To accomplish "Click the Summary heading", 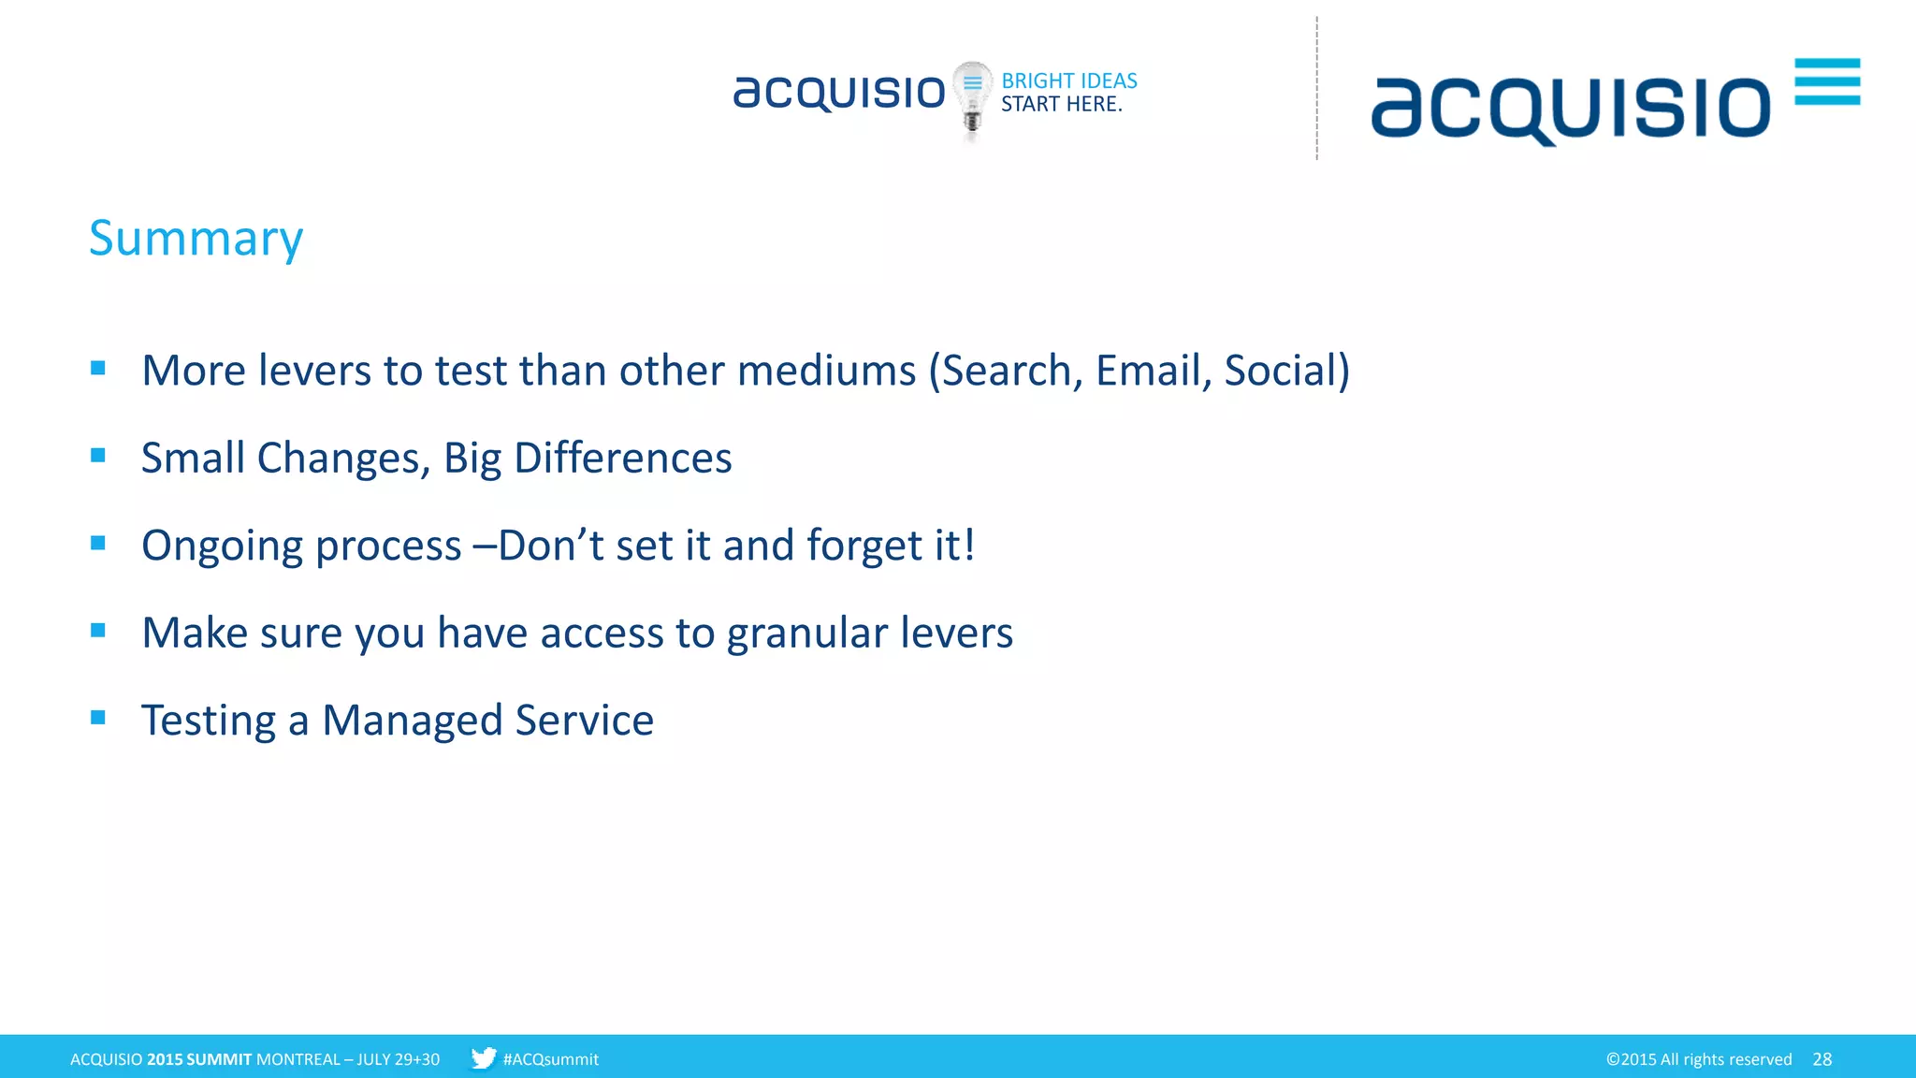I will [x=196, y=239].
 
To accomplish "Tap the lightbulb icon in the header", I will [x=972, y=97].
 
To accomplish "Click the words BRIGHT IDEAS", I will [x=1068, y=80].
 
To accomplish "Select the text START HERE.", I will [x=1061, y=104].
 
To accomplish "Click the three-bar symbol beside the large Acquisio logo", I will [x=1826, y=81].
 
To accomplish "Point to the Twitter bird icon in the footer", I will [x=483, y=1058].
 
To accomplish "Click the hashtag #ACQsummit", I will [x=550, y=1059].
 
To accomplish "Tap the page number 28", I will [x=1822, y=1059].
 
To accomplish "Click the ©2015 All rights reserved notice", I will [x=1698, y=1059].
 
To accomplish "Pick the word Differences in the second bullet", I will [x=622, y=459].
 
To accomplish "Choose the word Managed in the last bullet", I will [x=412, y=721].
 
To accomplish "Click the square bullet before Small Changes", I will [x=98, y=456].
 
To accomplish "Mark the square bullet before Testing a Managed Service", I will [x=98, y=718].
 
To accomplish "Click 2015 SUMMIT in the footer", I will [x=199, y=1059].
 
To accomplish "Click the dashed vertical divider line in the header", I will [x=1316, y=89].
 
